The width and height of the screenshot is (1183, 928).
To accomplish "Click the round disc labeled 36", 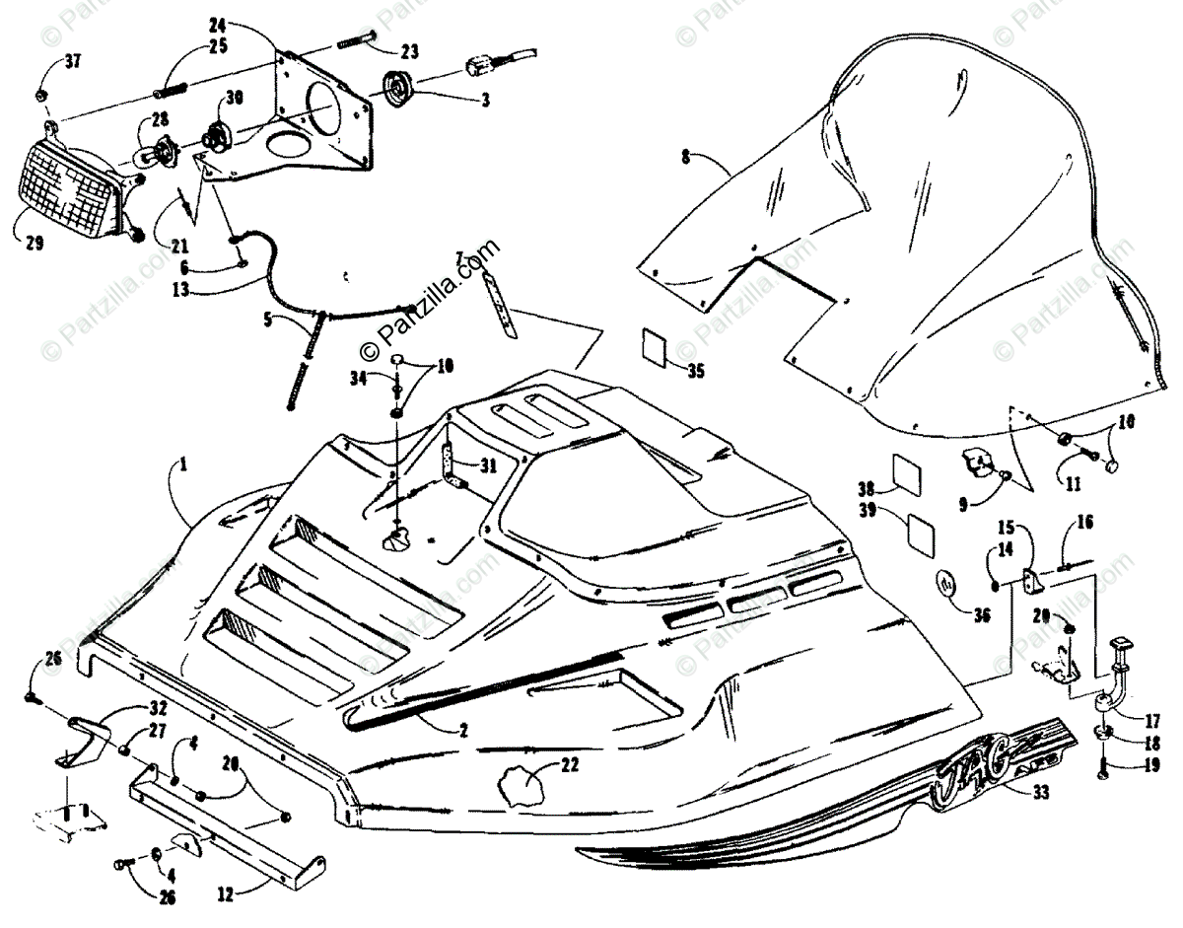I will click(x=948, y=584).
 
